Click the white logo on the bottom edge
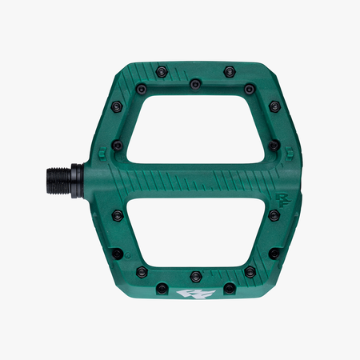point(195,294)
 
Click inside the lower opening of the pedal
point(196,232)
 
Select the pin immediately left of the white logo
point(162,287)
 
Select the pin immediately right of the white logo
point(229,287)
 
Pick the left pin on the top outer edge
point(162,71)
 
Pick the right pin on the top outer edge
point(229,71)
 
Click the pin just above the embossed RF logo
point(274,146)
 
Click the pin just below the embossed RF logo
point(274,214)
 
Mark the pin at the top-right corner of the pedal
point(274,106)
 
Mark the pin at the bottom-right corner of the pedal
point(274,253)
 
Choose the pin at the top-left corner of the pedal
point(117,106)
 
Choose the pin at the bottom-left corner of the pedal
point(117,253)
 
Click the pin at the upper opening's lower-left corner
point(118,146)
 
